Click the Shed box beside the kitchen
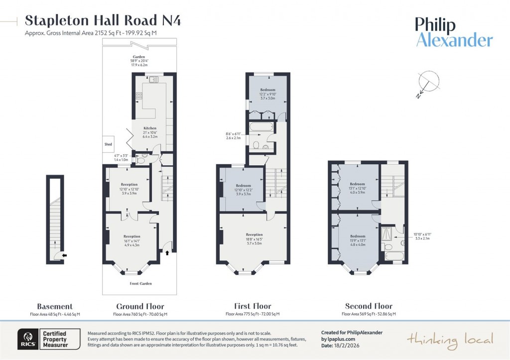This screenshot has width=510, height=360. point(108,144)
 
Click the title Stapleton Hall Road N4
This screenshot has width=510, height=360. point(103,20)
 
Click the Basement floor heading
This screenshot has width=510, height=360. point(55,306)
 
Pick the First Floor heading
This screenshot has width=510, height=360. point(253,306)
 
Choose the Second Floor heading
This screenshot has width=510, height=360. point(369,306)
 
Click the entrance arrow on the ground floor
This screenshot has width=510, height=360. point(167,253)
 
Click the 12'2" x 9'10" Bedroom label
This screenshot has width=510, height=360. point(267,94)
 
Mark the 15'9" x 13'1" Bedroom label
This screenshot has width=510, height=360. point(358,240)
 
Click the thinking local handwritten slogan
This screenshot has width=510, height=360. point(450,340)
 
